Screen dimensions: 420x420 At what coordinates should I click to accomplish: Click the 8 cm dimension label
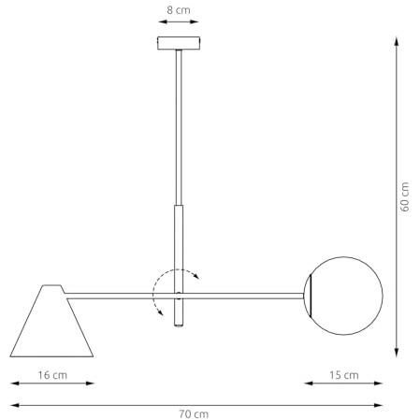point(179,10)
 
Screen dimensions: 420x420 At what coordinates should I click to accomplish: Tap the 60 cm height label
point(404,196)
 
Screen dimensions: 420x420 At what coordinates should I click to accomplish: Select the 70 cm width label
point(194,414)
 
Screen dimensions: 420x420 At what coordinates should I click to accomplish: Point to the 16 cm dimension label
point(52,375)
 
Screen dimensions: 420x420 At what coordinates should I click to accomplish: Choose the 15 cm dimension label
point(344,375)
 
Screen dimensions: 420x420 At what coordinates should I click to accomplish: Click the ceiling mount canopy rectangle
point(179,43)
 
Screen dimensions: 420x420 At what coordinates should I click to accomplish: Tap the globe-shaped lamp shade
point(343,296)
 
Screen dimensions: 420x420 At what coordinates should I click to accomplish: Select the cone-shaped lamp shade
point(51,321)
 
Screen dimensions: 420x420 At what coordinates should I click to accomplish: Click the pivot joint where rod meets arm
point(179,296)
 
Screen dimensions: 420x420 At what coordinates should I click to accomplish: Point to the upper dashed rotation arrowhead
point(196,275)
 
